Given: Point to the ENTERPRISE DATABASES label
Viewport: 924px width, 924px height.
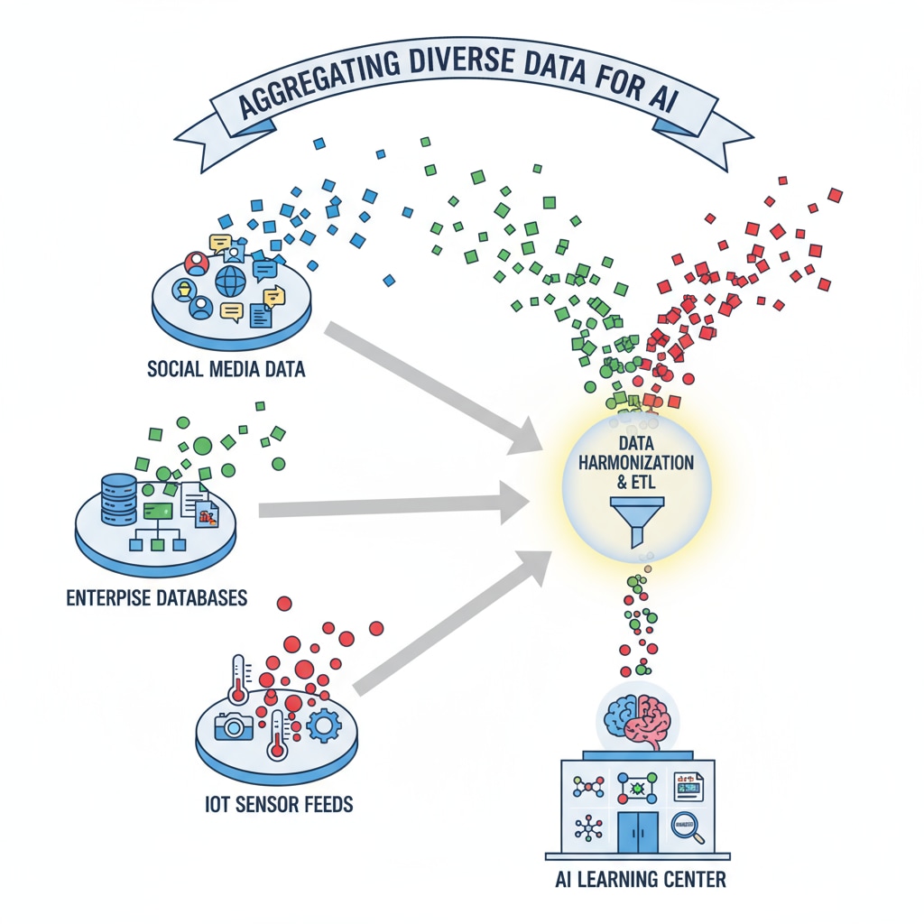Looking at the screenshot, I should [x=157, y=598].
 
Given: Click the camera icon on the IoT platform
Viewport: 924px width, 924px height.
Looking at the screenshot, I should [x=235, y=725].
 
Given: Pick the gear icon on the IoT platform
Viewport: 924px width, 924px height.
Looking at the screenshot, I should [x=322, y=725].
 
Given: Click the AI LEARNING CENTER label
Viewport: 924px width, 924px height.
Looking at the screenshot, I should [x=640, y=878].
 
